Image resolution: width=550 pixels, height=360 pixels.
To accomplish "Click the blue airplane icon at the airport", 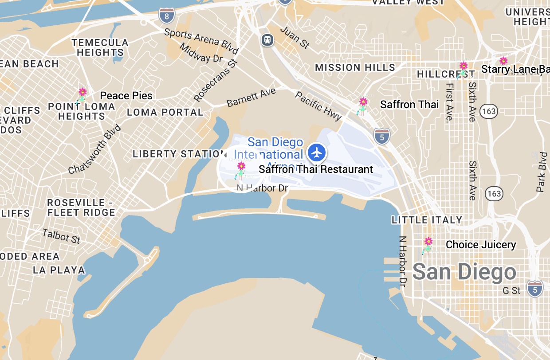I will [317, 153].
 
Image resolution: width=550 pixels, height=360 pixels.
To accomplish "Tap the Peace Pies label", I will [126, 96].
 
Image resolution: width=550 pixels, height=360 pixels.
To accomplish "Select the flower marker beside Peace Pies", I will [82, 95].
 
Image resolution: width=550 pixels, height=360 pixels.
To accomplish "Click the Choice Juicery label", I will [481, 245].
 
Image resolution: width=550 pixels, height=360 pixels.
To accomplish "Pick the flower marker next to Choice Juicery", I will [428, 244].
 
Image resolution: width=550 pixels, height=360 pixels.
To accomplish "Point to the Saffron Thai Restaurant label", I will [316, 169].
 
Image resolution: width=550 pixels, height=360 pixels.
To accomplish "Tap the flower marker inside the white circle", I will [240, 169].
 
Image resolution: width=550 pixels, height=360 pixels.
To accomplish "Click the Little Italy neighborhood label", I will [427, 220].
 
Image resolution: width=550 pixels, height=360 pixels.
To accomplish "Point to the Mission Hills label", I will [355, 68].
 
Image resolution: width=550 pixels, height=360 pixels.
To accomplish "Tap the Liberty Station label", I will [180, 154].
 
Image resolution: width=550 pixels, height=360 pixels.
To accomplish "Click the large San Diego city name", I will [464, 272].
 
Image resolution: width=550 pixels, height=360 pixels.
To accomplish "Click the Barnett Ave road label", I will [251, 98].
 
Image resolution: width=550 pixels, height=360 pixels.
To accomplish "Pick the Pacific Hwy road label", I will [318, 106].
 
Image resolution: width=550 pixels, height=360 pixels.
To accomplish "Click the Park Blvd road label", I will [542, 172].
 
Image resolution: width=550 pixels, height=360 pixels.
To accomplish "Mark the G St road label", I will [511, 291].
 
